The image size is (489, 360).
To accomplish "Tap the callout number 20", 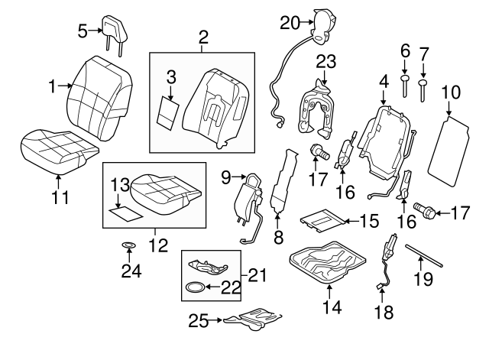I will point(291,23).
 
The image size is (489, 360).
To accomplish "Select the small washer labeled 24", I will point(128,246).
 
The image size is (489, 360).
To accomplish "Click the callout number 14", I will point(330,308).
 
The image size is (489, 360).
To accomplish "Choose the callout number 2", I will point(202,36).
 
